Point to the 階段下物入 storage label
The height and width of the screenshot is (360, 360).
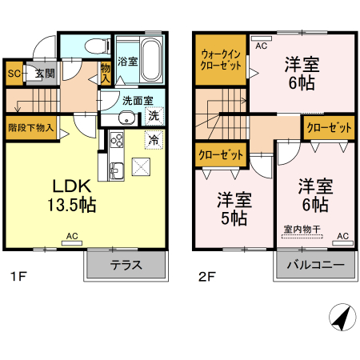pos(30,127)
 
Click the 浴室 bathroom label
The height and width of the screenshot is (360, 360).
pos(127,61)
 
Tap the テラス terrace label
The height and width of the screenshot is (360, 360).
pos(126,265)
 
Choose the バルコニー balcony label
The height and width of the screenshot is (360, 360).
pos(315,265)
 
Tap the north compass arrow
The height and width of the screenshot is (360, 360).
pos(342,319)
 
